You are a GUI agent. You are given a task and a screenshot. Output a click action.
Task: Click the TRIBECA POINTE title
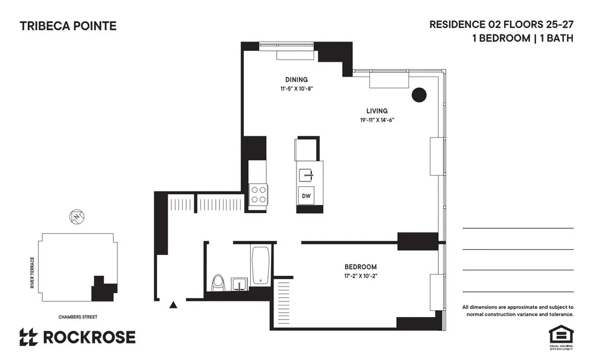pyautogui.click(x=68, y=26)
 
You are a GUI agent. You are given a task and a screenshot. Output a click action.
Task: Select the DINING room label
pyautogui.click(x=296, y=79)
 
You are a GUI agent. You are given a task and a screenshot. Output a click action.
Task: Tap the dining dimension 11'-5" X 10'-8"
pyautogui.click(x=296, y=89)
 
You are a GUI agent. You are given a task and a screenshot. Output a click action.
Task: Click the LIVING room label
pyautogui.click(x=377, y=111)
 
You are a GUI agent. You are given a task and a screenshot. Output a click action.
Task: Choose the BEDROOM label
pyautogui.click(x=361, y=267)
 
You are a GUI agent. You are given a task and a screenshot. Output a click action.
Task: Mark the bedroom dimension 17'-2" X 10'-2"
pyautogui.click(x=361, y=276)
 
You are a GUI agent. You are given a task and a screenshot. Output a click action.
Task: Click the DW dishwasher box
pyautogui.click(x=307, y=196)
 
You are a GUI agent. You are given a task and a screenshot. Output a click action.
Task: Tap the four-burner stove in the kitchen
pyautogui.click(x=258, y=195)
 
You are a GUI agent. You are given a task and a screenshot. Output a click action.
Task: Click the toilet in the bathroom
pyautogui.click(x=218, y=283)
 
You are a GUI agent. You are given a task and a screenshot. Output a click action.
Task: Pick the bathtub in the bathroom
pyautogui.click(x=261, y=265)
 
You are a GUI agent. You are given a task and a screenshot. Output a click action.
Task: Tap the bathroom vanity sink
pyautogui.click(x=239, y=284)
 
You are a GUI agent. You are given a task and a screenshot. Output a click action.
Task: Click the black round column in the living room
pyautogui.click(x=419, y=94)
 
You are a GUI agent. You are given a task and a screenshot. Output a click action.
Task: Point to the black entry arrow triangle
pyautogui.click(x=173, y=305)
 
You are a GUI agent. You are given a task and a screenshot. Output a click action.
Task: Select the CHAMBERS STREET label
pyautogui.click(x=78, y=317)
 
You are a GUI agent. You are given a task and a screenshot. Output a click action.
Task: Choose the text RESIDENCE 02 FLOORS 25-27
pyautogui.click(x=501, y=25)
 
